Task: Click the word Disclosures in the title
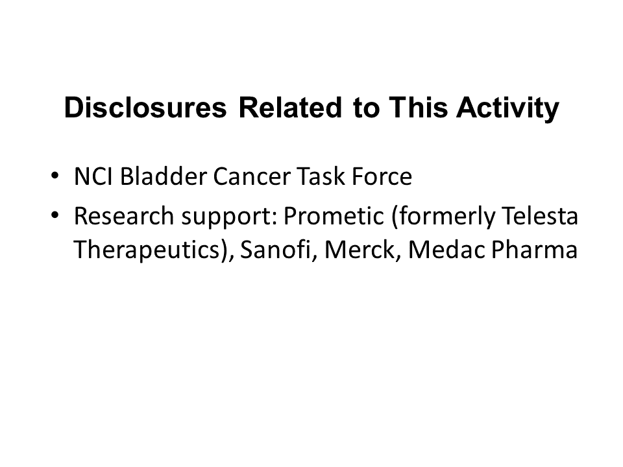click(145, 108)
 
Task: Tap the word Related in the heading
click(291, 108)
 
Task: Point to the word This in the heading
click(419, 108)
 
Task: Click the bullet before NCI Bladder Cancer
click(55, 175)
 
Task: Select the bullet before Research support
click(55, 215)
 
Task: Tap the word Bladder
click(163, 176)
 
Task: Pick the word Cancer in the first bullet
click(252, 176)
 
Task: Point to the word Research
click(124, 216)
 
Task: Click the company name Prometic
click(334, 216)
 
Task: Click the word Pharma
click(534, 250)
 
